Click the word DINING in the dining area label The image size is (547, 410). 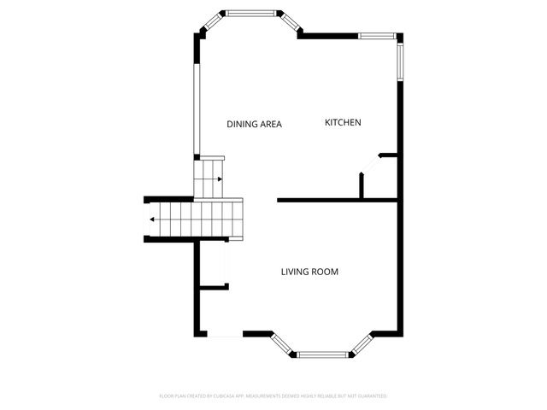(241, 125)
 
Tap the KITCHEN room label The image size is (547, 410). (343, 123)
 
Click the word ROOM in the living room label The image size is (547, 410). (326, 272)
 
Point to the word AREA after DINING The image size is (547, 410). (270, 125)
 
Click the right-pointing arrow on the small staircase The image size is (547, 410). (220, 179)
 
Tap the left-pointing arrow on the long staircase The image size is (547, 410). (152, 220)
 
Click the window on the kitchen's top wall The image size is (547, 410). (376, 36)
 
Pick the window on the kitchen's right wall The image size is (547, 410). (399, 60)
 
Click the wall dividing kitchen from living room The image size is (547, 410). (338, 201)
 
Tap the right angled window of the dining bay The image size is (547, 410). (291, 23)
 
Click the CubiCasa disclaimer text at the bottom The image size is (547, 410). (273, 396)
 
